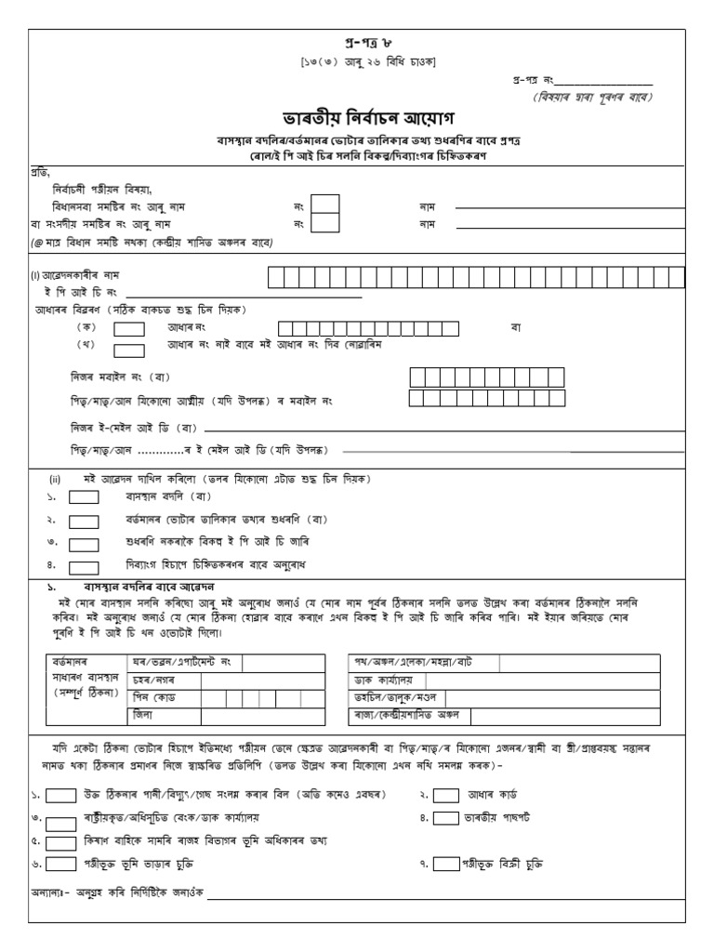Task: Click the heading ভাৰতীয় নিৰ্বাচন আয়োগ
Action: pos(357,121)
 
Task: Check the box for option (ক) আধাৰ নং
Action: pos(128,328)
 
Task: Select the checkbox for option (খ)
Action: pos(128,350)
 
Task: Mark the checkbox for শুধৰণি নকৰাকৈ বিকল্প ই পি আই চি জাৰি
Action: pos(85,542)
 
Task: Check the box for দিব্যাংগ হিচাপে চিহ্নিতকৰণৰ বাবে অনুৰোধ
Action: pos(85,564)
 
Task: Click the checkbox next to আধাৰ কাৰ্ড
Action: pos(446,795)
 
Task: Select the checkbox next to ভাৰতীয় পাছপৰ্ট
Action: pos(446,818)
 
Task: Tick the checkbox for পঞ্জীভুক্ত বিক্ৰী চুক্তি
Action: pos(446,864)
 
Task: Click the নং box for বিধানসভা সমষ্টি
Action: pos(324,204)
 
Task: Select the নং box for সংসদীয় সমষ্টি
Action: pos(324,223)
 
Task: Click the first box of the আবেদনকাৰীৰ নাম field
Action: pos(276,276)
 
